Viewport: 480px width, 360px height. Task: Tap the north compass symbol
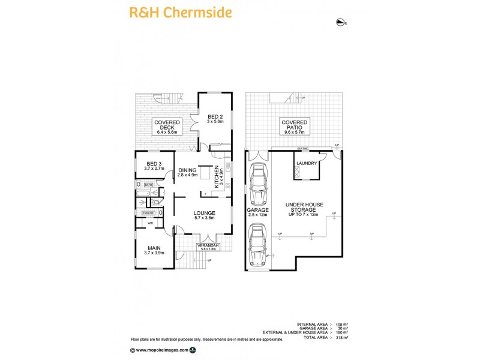341,23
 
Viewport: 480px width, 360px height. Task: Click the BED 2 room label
215,118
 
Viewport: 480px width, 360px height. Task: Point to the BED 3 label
154,166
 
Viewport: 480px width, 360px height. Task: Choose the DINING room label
187,173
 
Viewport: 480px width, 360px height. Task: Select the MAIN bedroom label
154,250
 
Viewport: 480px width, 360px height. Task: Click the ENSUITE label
149,212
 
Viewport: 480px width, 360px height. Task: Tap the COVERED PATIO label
293,127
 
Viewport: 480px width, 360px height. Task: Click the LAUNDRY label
306,163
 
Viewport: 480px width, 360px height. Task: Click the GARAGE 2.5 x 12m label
257,212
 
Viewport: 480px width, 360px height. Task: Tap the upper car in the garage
258,184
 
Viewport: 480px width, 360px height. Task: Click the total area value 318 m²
343,338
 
